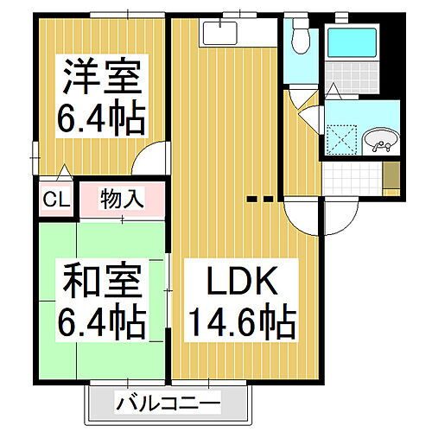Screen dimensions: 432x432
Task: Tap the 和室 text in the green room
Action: pyautogui.click(x=98, y=283)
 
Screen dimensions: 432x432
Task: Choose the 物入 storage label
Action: pyautogui.click(x=122, y=198)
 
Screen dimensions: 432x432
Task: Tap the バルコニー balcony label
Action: pyautogui.click(x=168, y=402)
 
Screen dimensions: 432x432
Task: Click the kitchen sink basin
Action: pyautogui.click(x=222, y=34)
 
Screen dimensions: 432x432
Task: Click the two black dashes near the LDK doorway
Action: pyautogui.click(x=261, y=200)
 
